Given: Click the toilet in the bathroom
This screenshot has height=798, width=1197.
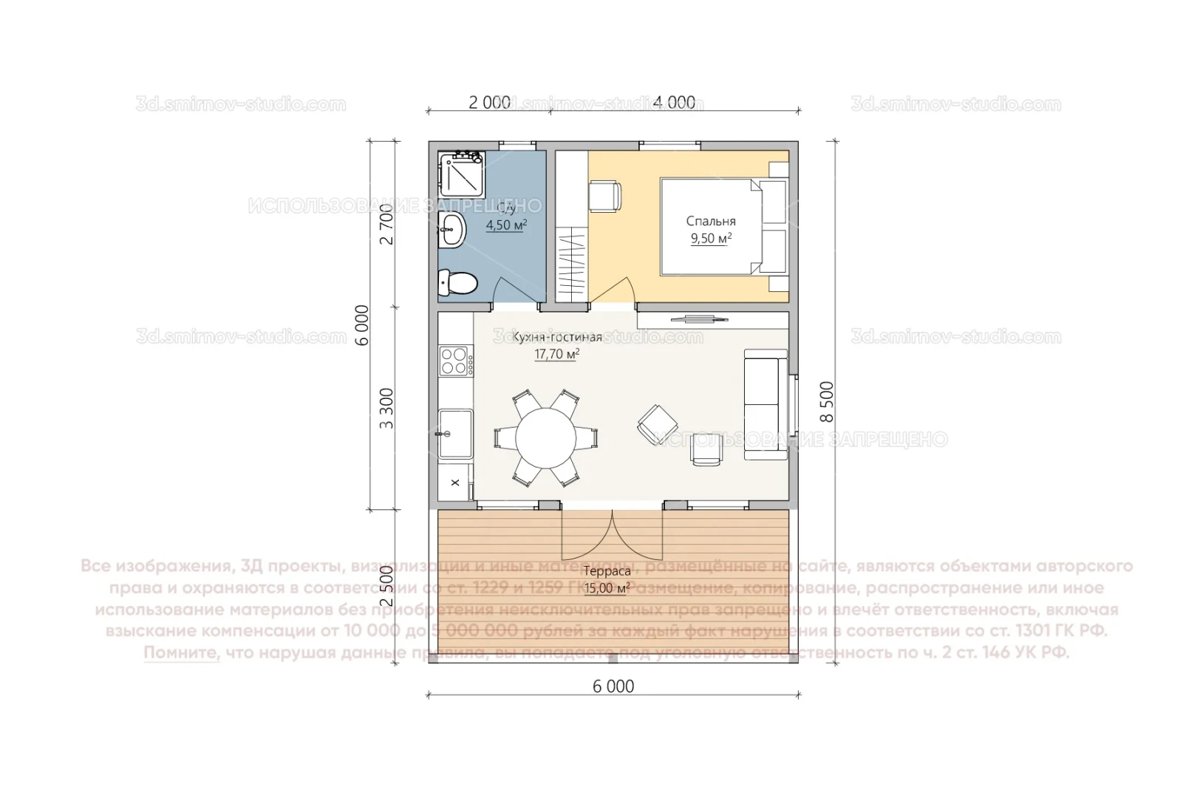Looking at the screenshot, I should (457, 282).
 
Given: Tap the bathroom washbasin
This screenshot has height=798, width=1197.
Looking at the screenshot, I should (451, 229).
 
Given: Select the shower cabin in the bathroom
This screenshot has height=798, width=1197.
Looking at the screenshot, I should (461, 174).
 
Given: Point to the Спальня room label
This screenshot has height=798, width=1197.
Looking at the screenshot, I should (711, 221).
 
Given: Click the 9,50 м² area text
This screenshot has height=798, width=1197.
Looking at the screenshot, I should (711, 238).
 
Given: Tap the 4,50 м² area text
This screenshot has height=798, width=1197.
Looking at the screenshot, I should (505, 225).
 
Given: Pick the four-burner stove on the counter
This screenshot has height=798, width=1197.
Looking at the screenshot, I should (456, 361).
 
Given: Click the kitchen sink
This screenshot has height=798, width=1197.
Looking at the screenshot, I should (455, 434).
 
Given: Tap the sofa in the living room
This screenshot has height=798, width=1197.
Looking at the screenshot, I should (765, 404).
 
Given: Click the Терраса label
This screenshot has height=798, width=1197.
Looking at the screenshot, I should (607, 571).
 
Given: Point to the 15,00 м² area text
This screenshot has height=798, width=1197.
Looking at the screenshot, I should (607, 588).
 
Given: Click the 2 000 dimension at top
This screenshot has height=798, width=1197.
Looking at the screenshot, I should (489, 103).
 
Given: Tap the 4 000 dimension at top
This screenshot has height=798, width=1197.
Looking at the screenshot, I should (674, 103).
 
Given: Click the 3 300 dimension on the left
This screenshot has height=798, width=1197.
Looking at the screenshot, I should (386, 408).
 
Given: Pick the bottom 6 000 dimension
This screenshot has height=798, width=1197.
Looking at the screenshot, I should (613, 686).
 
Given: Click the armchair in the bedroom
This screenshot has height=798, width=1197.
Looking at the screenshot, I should (604, 197).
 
